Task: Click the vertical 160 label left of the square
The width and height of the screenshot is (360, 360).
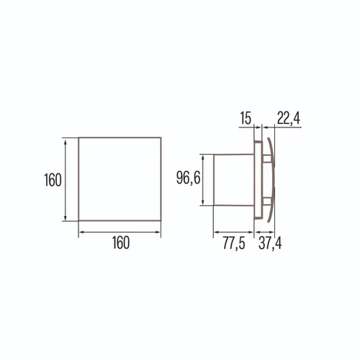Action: click(53, 180)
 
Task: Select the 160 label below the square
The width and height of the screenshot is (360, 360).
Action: click(121, 243)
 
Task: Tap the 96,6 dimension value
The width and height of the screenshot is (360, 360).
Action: click(188, 178)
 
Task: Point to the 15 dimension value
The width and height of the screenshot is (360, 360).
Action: click(246, 118)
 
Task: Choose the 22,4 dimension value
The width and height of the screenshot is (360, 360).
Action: click(289, 118)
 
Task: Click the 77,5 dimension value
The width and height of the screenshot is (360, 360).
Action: click(234, 243)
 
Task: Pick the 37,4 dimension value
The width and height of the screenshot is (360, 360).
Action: click(270, 243)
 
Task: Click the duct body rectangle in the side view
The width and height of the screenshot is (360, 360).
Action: click(233, 180)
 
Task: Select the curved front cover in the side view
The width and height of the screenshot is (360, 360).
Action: click(272, 180)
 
